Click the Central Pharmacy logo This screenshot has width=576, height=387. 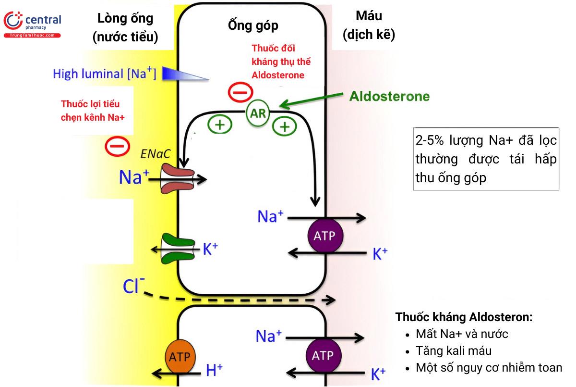[32, 24]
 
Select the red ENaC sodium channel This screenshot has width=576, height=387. [177, 178]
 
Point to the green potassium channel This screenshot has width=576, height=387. [177, 249]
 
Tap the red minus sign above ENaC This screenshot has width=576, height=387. [117, 145]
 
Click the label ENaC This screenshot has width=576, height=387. [154, 153]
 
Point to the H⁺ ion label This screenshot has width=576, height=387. [214, 370]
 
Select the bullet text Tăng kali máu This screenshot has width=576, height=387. [454, 351]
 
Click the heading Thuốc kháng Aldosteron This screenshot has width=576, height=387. [464, 317]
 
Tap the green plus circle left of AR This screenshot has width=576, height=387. [219, 125]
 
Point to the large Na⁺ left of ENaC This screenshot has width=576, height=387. [131, 178]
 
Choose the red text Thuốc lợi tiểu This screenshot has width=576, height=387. [91, 104]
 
